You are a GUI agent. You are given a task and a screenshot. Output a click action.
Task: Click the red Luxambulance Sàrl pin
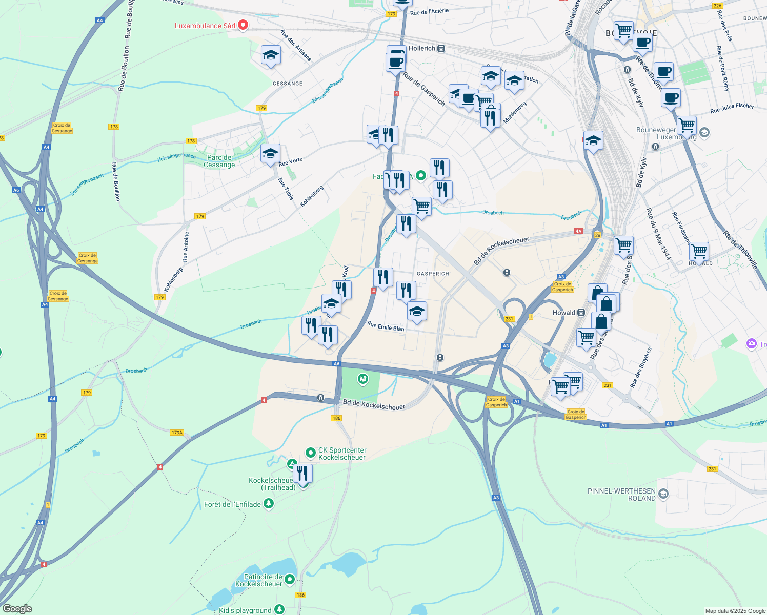click(x=243, y=25)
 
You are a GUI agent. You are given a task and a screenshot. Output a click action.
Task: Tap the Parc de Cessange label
click(x=219, y=161)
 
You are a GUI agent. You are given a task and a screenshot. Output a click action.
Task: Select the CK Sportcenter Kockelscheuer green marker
click(x=310, y=453)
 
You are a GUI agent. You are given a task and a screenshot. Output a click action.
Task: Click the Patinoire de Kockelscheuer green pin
click(x=290, y=579)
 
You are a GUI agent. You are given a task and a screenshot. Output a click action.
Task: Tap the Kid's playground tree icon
click(x=279, y=610)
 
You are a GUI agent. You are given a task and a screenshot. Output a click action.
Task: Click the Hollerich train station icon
click(x=441, y=49)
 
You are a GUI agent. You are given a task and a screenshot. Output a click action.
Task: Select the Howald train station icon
click(x=581, y=313)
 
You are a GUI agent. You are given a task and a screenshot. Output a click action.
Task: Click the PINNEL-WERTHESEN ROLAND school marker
click(x=663, y=494)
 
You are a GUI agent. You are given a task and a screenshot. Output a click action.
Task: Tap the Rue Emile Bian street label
click(x=386, y=326)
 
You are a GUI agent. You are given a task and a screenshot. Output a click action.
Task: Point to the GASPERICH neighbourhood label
click(x=433, y=274)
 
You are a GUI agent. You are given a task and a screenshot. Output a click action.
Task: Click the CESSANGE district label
click(x=288, y=84)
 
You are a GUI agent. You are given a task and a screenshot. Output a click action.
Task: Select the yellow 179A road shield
click(x=177, y=433)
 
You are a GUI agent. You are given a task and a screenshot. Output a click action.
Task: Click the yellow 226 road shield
click(x=717, y=6)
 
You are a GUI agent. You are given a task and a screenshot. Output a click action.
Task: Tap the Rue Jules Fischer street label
click(x=732, y=108)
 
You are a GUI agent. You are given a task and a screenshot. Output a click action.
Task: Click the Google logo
click(x=17, y=609)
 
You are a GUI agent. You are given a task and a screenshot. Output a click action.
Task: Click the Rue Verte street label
click(x=291, y=161)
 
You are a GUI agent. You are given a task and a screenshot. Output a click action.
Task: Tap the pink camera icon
click(x=752, y=344)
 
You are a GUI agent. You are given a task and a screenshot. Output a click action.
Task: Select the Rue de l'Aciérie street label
click(x=429, y=11)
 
